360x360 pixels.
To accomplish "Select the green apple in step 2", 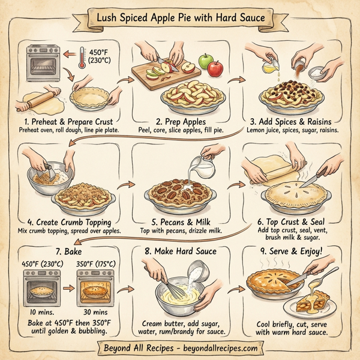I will click(206, 61).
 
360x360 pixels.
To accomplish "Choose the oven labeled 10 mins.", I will click(40, 290).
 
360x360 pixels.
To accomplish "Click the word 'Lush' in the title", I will click(109, 18).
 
